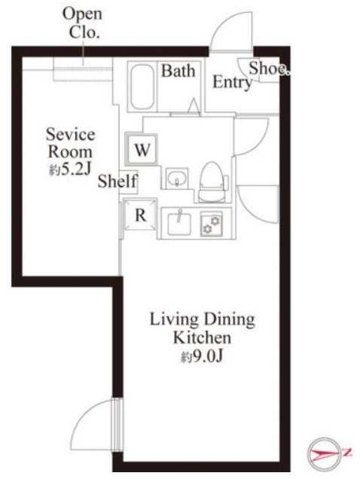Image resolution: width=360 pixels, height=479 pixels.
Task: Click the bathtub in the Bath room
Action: [x=142, y=86]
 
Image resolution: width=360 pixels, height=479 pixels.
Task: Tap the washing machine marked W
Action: [x=141, y=149]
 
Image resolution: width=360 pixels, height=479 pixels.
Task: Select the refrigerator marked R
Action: [x=140, y=215]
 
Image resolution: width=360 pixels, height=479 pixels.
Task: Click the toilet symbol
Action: [x=212, y=182]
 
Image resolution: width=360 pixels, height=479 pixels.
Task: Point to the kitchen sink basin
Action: [x=179, y=223]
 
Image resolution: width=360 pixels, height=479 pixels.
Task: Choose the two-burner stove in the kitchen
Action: [x=212, y=224]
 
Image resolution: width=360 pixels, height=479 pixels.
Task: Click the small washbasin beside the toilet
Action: [x=177, y=178]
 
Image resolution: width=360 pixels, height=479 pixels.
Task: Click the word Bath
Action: [x=178, y=71]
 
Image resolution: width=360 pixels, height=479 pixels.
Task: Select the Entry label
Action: [x=233, y=82]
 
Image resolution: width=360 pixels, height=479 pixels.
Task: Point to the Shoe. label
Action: [x=269, y=68]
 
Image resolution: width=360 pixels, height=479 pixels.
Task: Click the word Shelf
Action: [x=117, y=181]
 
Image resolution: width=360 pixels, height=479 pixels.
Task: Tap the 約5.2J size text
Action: [x=70, y=169]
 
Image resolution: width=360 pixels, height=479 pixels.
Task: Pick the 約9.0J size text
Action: [x=202, y=356]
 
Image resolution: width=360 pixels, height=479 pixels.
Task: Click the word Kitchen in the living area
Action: [x=202, y=338]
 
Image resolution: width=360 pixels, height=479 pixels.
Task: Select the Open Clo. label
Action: [x=83, y=23]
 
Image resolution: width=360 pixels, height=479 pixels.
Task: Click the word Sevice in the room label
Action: [x=71, y=135]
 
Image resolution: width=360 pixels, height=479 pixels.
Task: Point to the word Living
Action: [x=174, y=320]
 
